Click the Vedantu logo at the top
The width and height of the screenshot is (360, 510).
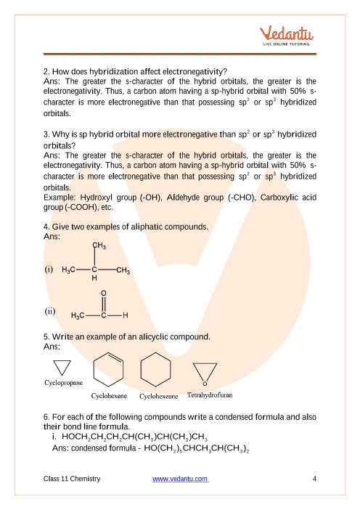[286, 35]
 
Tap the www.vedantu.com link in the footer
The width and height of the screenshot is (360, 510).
[180, 479]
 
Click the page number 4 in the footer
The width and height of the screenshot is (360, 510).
[314, 479]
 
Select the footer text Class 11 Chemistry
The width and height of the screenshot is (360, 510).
[72, 479]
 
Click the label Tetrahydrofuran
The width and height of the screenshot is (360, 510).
[210, 395]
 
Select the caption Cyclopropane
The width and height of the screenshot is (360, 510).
[63, 382]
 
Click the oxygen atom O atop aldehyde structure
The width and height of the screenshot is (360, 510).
[103, 294]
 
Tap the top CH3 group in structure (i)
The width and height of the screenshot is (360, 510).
[99, 246]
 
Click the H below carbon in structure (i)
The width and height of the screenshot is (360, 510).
[94, 278]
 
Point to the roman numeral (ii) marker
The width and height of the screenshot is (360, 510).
[49, 311]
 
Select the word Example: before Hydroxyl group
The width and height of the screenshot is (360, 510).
[59, 198]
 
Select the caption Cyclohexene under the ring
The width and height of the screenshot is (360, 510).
[109, 396]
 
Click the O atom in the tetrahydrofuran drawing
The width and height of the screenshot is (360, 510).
[205, 384]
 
